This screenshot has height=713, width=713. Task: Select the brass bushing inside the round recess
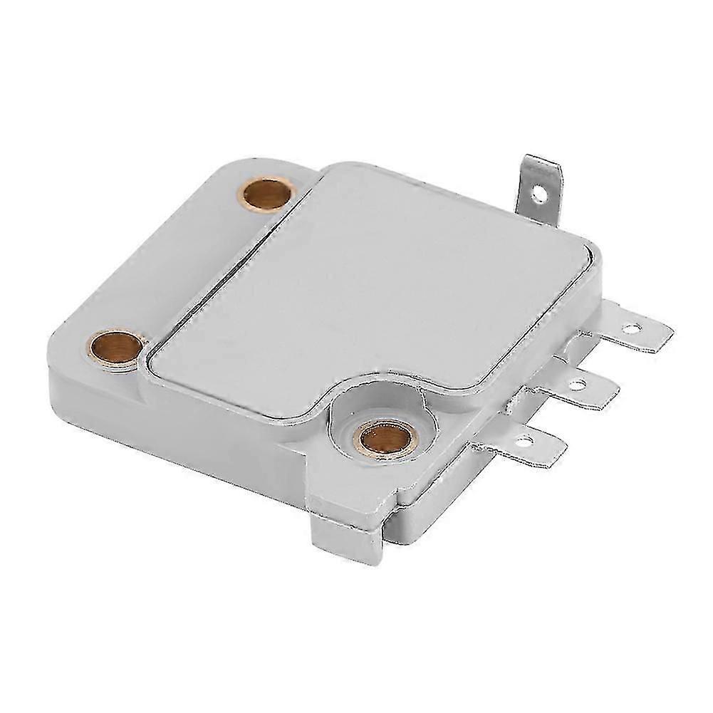click(x=379, y=438)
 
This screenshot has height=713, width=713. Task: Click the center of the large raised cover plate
click(x=370, y=292)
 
